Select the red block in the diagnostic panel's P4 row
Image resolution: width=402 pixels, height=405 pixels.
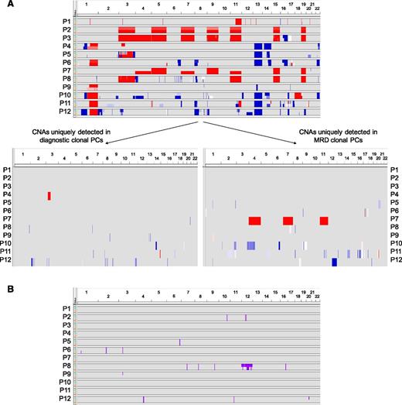coord(49,195)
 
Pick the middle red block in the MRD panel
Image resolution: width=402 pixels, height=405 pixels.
coord(288,221)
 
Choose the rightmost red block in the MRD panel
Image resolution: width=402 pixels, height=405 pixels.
coord(323,221)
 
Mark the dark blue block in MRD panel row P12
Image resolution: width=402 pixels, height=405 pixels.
coord(334,262)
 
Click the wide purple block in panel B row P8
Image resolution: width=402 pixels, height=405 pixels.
coord(247,366)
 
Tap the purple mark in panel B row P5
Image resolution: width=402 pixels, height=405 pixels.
coord(179,341)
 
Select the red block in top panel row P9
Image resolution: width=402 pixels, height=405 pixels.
coord(93,85)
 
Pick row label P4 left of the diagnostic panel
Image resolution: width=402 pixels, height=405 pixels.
coord(6,195)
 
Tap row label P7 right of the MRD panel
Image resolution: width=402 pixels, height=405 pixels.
coord(395,221)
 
